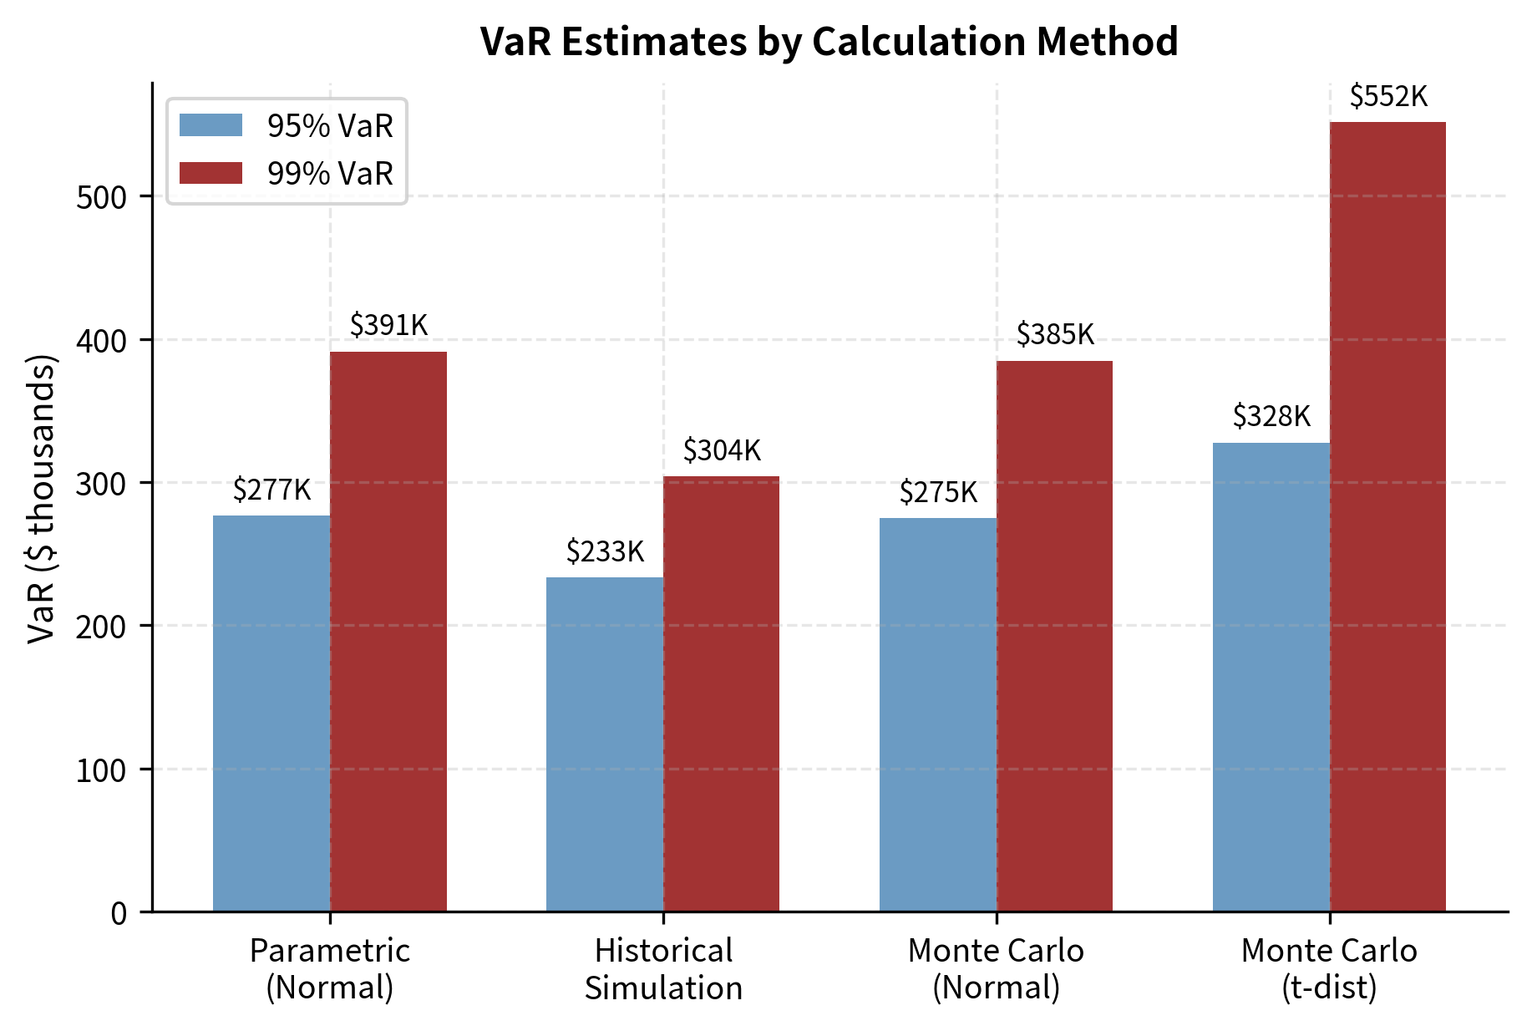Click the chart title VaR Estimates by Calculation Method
pyautogui.click(x=829, y=42)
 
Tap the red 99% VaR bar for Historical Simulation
pyautogui.click(x=721, y=693)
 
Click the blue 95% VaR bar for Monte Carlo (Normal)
pyautogui.click(x=937, y=714)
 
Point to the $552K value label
pyautogui.click(x=1388, y=97)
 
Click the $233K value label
pyautogui.click(x=605, y=551)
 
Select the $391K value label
pyautogui.click(x=388, y=325)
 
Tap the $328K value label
pyautogui.click(x=1271, y=416)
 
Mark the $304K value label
pyautogui.click(x=722, y=450)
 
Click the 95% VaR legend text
pyautogui.click(x=330, y=126)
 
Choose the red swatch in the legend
pyautogui.click(x=211, y=173)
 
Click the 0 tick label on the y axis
pyautogui.click(x=119, y=912)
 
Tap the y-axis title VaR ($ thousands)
pyautogui.click(x=42, y=499)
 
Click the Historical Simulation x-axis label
pyautogui.click(x=663, y=969)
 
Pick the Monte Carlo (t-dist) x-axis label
pyautogui.click(x=1329, y=969)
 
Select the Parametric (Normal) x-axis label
pyautogui.click(x=330, y=969)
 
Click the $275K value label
pyautogui.click(x=938, y=492)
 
